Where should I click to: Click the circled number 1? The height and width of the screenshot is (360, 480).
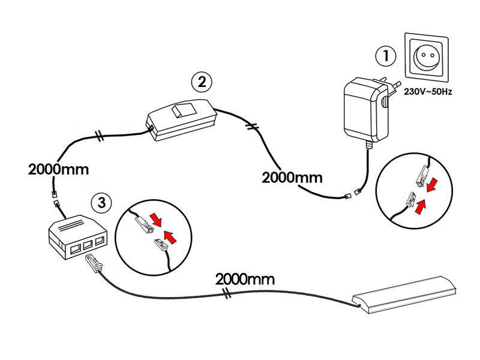point(385,56)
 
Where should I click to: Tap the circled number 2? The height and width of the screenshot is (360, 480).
point(202,80)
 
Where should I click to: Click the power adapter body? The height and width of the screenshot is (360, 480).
point(361,110)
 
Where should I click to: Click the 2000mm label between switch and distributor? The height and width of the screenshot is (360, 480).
point(58,169)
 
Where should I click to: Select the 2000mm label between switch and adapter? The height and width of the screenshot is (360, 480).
point(292,178)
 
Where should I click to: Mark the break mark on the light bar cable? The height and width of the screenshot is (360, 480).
point(227,293)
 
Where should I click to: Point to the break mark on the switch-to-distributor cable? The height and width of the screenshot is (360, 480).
point(100,136)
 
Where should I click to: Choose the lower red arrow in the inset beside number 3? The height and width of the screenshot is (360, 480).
point(170,239)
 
